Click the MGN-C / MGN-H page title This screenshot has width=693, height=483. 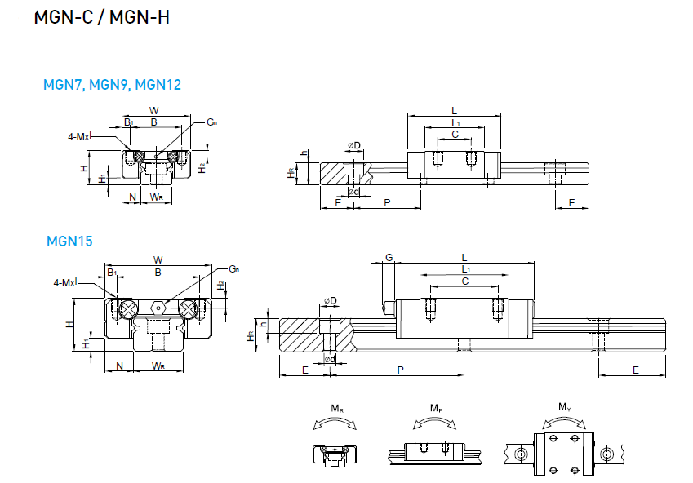(102, 17)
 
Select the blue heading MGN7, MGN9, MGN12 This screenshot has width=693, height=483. (113, 84)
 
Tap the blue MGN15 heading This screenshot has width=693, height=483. (69, 241)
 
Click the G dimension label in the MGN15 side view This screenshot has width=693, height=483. (389, 257)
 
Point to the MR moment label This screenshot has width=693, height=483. (337, 409)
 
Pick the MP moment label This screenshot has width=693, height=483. (436, 408)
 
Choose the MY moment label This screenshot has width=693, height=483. (564, 406)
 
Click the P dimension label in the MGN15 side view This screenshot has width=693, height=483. (400, 370)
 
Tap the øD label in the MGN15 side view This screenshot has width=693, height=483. (330, 301)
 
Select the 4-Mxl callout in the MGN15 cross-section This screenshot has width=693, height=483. (65, 282)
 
